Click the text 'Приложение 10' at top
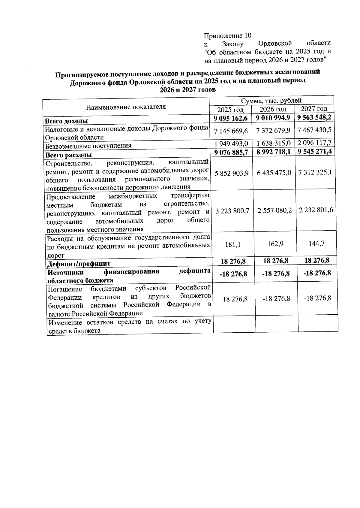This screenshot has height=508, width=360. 227,36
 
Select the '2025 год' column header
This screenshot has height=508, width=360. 230,110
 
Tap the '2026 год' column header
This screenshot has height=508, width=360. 273,109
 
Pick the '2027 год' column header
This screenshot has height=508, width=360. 314,109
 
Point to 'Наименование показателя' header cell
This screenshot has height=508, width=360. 126,107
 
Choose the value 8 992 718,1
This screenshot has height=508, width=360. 273,152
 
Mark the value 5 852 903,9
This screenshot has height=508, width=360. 232,174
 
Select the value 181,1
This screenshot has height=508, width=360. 232,245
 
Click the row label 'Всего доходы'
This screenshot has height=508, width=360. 66,121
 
